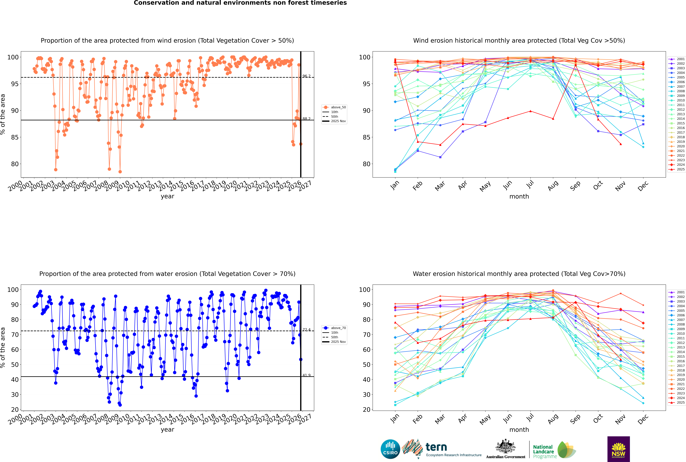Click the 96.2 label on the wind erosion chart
coord(306,76)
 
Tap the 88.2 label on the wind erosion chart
coord(306,119)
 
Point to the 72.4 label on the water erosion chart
coord(306,330)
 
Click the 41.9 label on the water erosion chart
coord(306,375)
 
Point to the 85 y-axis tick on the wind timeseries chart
coord(15,137)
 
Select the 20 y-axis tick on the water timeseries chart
coord(15,410)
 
